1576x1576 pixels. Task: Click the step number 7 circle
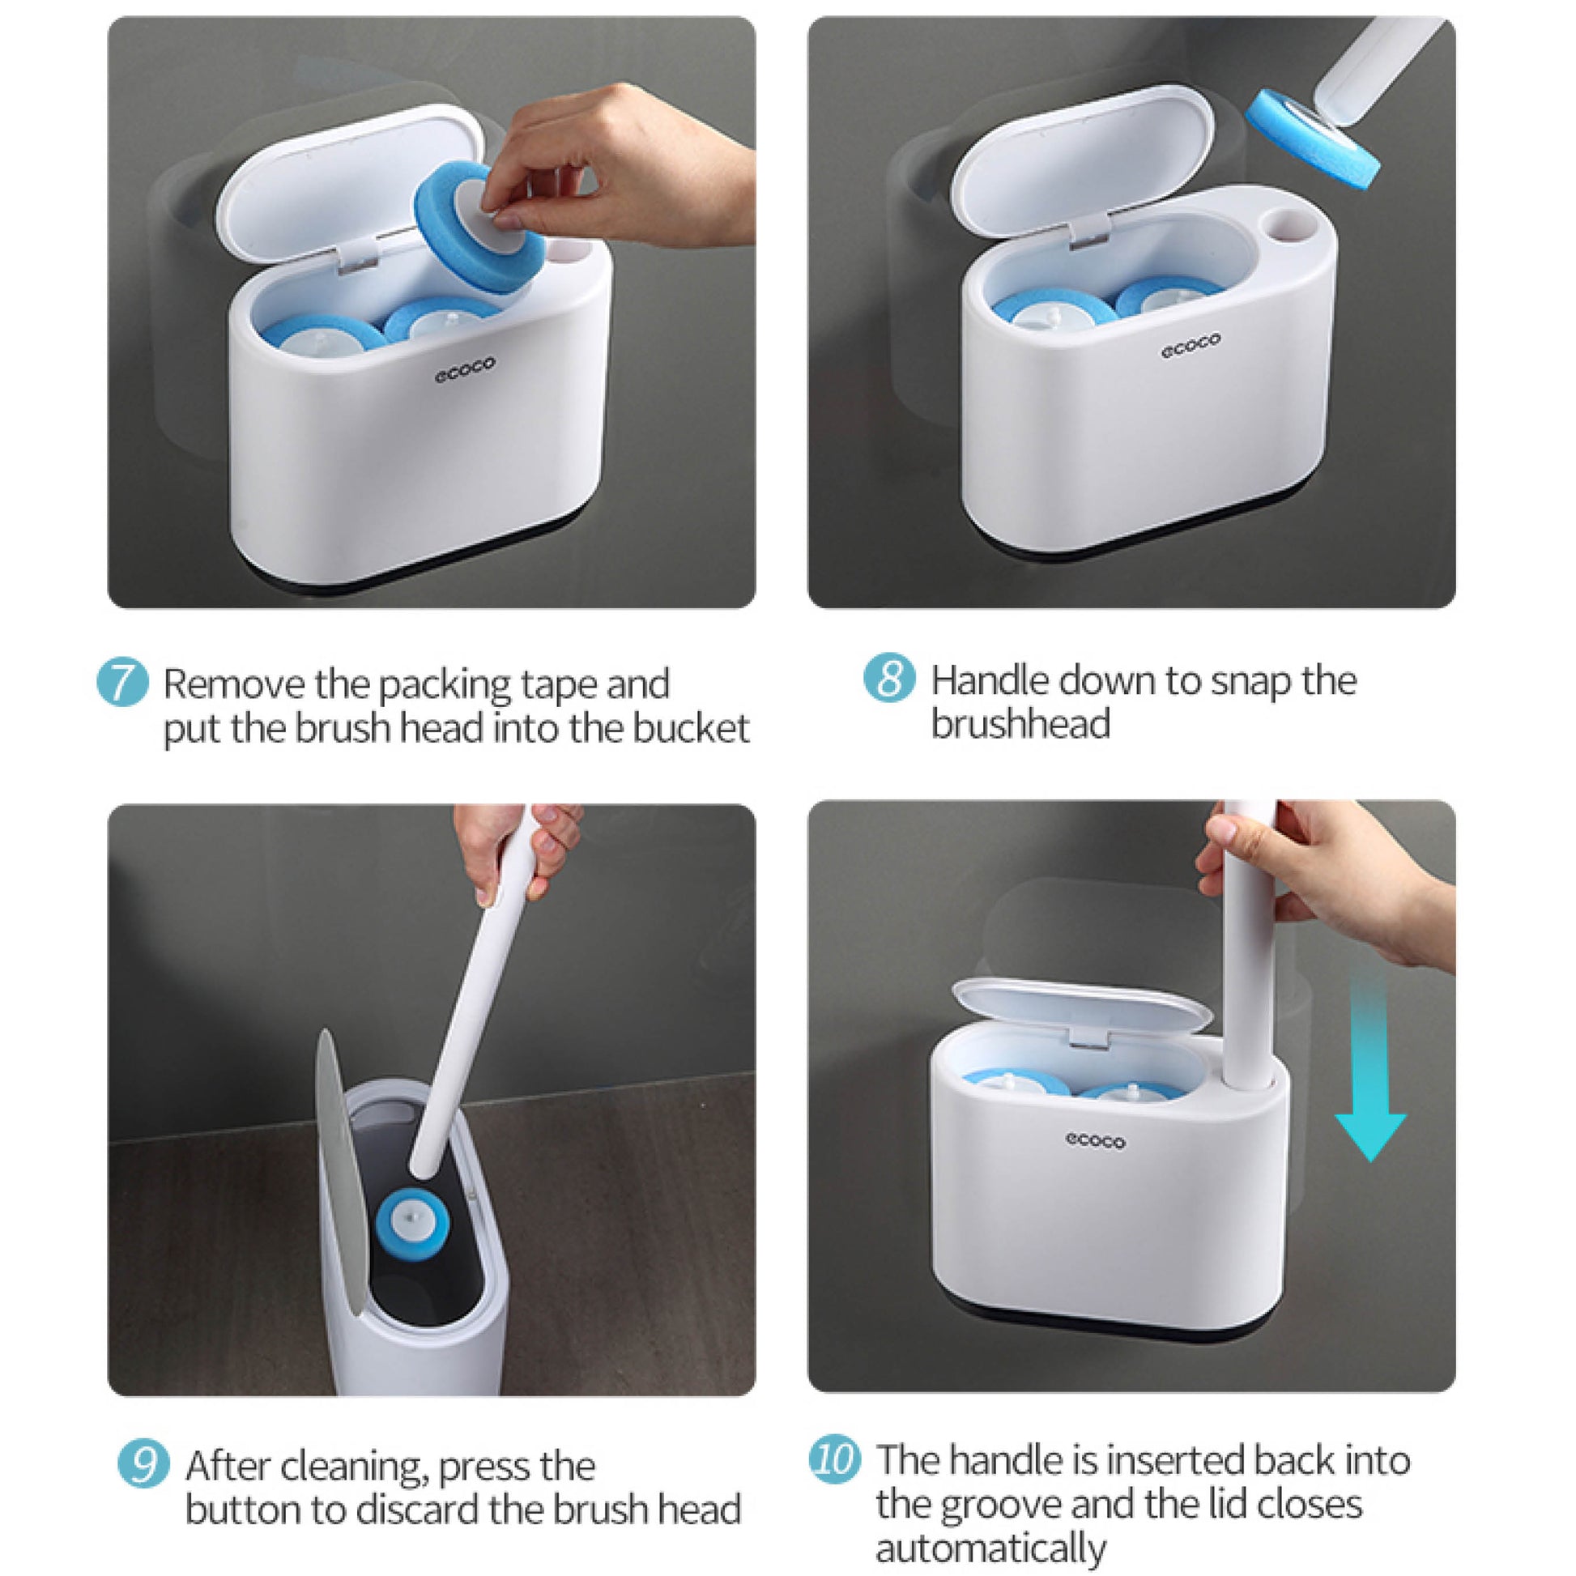click(x=122, y=684)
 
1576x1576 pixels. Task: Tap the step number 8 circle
click(x=889, y=679)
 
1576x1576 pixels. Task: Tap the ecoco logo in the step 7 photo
click(x=464, y=369)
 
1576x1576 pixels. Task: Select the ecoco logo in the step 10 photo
click(x=1095, y=1141)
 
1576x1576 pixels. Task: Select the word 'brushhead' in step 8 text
click(x=1021, y=723)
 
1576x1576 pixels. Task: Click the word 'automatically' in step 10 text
click(x=991, y=1547)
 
